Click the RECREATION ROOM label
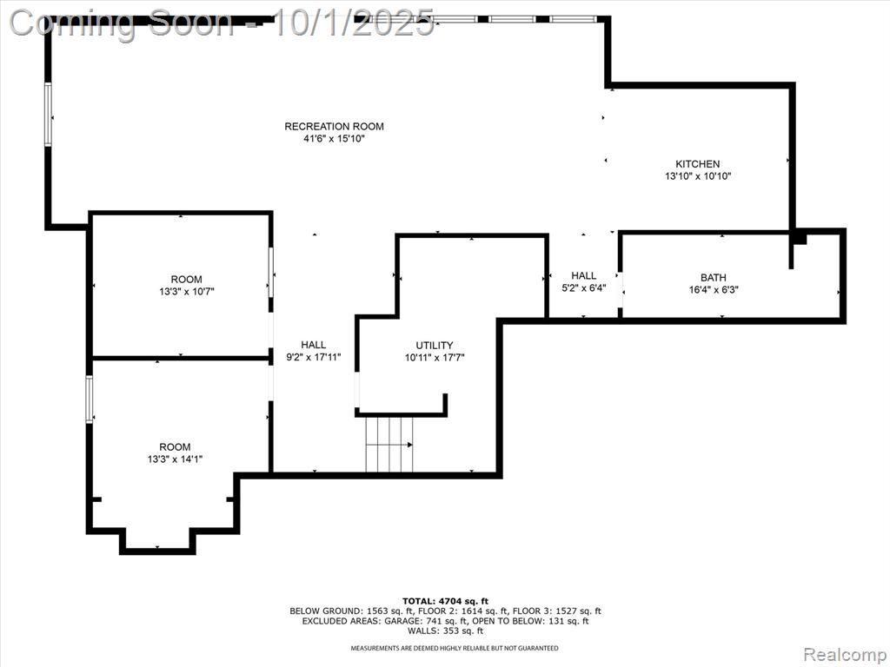pos(334,127)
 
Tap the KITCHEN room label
pos(698,164)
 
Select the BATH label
pos(713,277)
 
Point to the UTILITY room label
pos(435,346)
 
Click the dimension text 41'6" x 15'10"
pos(334,138)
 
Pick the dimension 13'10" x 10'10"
pos(698,176)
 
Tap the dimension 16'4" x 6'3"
pos(713,290)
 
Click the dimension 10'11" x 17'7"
pos(435,358)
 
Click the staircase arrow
pos(389,446)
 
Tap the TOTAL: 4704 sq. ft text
pos(445,601)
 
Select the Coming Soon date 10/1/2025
pos(354,23)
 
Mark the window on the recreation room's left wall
pos(49,115)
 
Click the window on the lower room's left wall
pos(90,399)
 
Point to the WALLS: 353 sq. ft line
pos(445,631)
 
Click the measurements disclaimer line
pos(454,648)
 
